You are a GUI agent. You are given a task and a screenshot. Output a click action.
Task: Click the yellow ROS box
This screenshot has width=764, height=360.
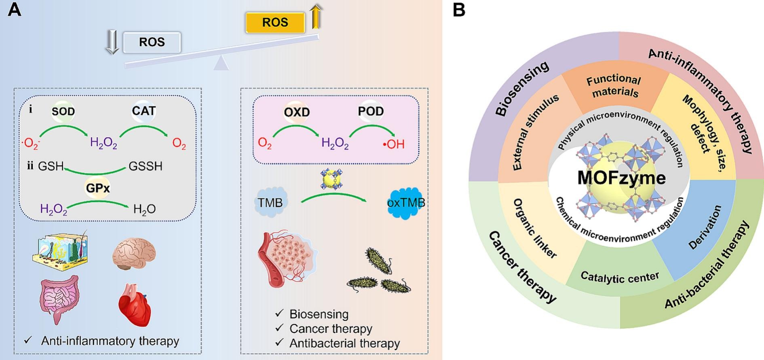coord(275,22)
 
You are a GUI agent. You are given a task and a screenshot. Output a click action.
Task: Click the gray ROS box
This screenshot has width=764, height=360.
coord(152,42)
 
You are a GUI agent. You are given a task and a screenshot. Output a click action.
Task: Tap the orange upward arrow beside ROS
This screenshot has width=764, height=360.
coord(316,17)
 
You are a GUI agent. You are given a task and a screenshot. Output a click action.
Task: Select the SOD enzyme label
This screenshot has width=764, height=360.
coord(63,111)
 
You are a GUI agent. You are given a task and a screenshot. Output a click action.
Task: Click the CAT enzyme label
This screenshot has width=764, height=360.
coord(144,111)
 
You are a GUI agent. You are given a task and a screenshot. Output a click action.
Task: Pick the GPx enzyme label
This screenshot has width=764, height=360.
coord(97,188)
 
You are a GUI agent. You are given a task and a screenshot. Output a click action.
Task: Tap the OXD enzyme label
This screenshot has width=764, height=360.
coord(296,112)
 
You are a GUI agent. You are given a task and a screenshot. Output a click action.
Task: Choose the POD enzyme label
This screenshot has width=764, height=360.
coord(370,111)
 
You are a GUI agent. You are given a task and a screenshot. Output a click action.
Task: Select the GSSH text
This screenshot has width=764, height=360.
coord(146,166)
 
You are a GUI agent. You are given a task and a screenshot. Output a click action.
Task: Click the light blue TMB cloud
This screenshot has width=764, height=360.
coord(270,202)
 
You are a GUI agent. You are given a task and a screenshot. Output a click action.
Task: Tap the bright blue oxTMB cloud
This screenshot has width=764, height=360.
coord(405,203)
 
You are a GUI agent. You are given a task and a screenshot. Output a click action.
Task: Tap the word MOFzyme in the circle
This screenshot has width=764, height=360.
coord(621,178)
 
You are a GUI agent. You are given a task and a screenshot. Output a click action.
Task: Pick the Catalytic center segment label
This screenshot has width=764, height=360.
coord(619,277)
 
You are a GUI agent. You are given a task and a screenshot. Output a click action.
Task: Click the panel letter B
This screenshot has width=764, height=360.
coord(459,10)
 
